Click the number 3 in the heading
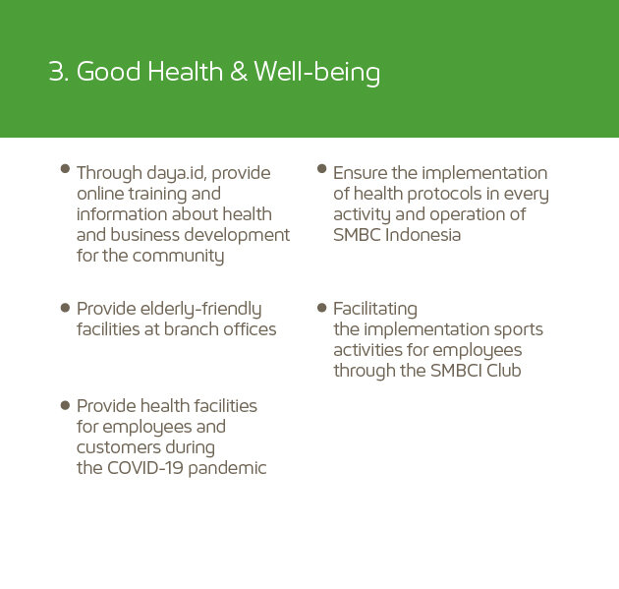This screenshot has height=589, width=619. coord(56,72)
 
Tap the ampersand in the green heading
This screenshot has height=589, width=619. coord(239,72)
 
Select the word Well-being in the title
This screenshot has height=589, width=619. coord(316,73)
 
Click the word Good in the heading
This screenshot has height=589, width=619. coord(108,72)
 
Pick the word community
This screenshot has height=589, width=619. coord(178,257)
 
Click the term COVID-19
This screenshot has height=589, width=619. coord(145,468)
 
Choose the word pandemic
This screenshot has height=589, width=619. coord(227,469)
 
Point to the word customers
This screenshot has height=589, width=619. coord(119,447)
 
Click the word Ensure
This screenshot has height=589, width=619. coord(360,173)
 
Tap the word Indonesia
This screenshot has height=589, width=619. coord(422,235)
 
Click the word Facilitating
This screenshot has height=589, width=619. coord(375,310)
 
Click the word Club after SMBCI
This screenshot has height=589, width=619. coord(504,371)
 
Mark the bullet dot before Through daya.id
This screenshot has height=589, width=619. coord(65,169)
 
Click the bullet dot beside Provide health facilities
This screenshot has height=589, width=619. coord(65,405)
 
